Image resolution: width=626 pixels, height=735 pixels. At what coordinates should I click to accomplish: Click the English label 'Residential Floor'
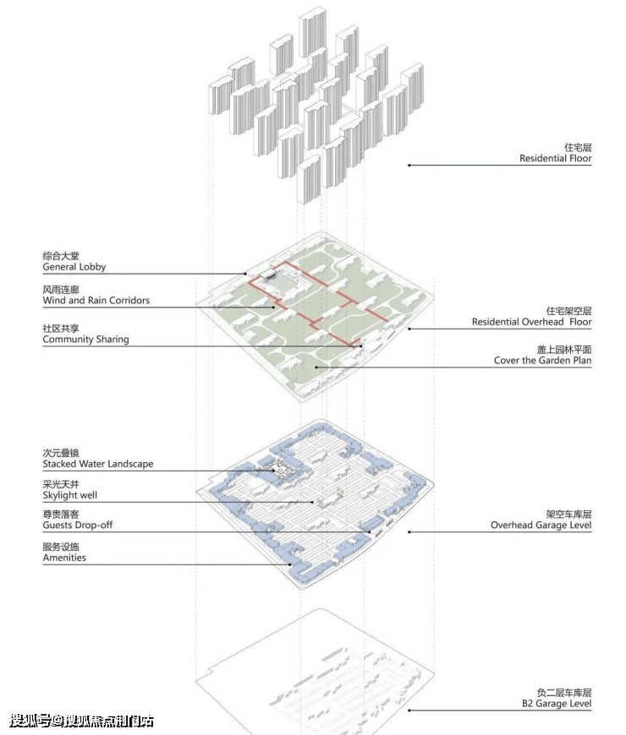pos(555,159)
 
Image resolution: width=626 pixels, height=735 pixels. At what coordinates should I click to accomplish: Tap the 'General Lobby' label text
pos(74,267)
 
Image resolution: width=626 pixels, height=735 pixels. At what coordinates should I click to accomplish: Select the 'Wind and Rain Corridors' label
pos(96,301)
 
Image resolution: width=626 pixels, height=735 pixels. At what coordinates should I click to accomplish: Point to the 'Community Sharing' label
pos(86,340)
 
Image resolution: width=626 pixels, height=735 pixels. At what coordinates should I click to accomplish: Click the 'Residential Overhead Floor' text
pos(532,322)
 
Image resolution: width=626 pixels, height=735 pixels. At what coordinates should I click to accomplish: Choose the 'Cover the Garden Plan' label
pos(542,361)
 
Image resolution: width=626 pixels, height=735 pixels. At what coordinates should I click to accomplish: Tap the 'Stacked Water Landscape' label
pos(98,464)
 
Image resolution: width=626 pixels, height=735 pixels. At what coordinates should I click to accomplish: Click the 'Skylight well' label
pos(70,495)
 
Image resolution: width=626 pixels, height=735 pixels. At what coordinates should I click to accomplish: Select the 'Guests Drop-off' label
pos(78,525)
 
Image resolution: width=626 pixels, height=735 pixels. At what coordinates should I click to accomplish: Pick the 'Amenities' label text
pos(64,558)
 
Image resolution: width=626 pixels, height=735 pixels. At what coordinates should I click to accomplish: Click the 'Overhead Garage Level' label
pos(541,525)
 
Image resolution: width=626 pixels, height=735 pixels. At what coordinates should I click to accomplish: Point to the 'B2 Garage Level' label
pos(557,704)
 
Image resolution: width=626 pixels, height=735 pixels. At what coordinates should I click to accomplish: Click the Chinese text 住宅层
pos(578,148)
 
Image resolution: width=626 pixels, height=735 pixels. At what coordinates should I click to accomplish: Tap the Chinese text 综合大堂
pos(61,256)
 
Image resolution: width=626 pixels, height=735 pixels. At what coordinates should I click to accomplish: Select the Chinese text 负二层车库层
pos(564,693)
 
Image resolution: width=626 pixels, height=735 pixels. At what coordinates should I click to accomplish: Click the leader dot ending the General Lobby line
pos(245,274)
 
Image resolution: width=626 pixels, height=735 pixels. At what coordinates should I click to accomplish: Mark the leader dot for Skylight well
pos(313,502)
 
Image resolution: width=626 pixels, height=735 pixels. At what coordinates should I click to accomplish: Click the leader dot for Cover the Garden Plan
pos(316,367)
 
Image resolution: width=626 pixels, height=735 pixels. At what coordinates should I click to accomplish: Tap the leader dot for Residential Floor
pos(409,165)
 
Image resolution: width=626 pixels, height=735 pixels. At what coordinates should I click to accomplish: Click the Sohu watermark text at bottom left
pos(81,721)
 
